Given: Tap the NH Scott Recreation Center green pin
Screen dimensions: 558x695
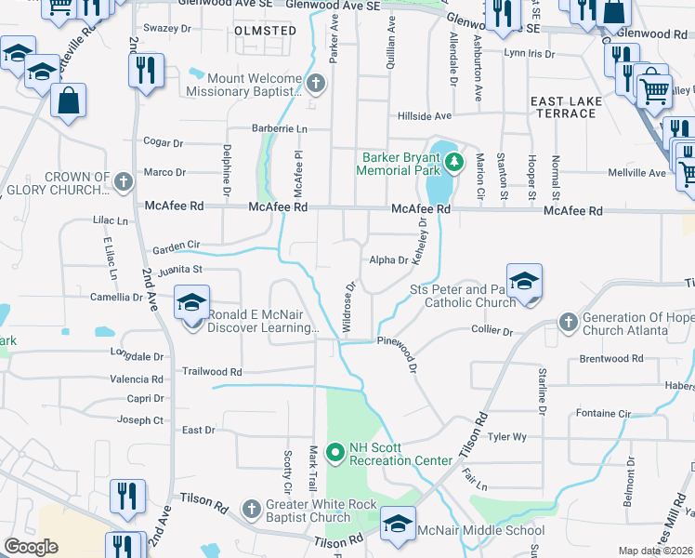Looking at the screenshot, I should pyautogui.click(x=335, y=453).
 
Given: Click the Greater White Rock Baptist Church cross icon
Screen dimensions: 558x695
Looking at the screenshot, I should pyautogui.click(x=251, y=509).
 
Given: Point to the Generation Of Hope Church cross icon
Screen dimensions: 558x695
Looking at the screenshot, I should pyautogui.click(x=569, y=323).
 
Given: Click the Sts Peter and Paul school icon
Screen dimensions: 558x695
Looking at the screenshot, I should pyautogui.click(x=525, y=284).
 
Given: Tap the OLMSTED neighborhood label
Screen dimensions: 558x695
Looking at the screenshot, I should pyautogui.click(x=267, y=31).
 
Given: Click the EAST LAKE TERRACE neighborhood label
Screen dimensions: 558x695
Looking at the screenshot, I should pyautogui.click(x=563, y=107).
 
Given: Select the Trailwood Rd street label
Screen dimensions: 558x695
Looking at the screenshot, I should pyautogui.click(x=212, y=371).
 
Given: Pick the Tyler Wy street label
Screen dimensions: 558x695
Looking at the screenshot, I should pyautogui.click(x=507, y=436).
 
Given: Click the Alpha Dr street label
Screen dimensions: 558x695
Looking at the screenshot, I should pyautogui.click(x=388, y=261).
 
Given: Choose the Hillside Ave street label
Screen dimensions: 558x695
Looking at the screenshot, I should pyautogui.click(x=424, y=116).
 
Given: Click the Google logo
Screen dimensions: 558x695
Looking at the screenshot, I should pyautogui.click(x=31, y=546).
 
